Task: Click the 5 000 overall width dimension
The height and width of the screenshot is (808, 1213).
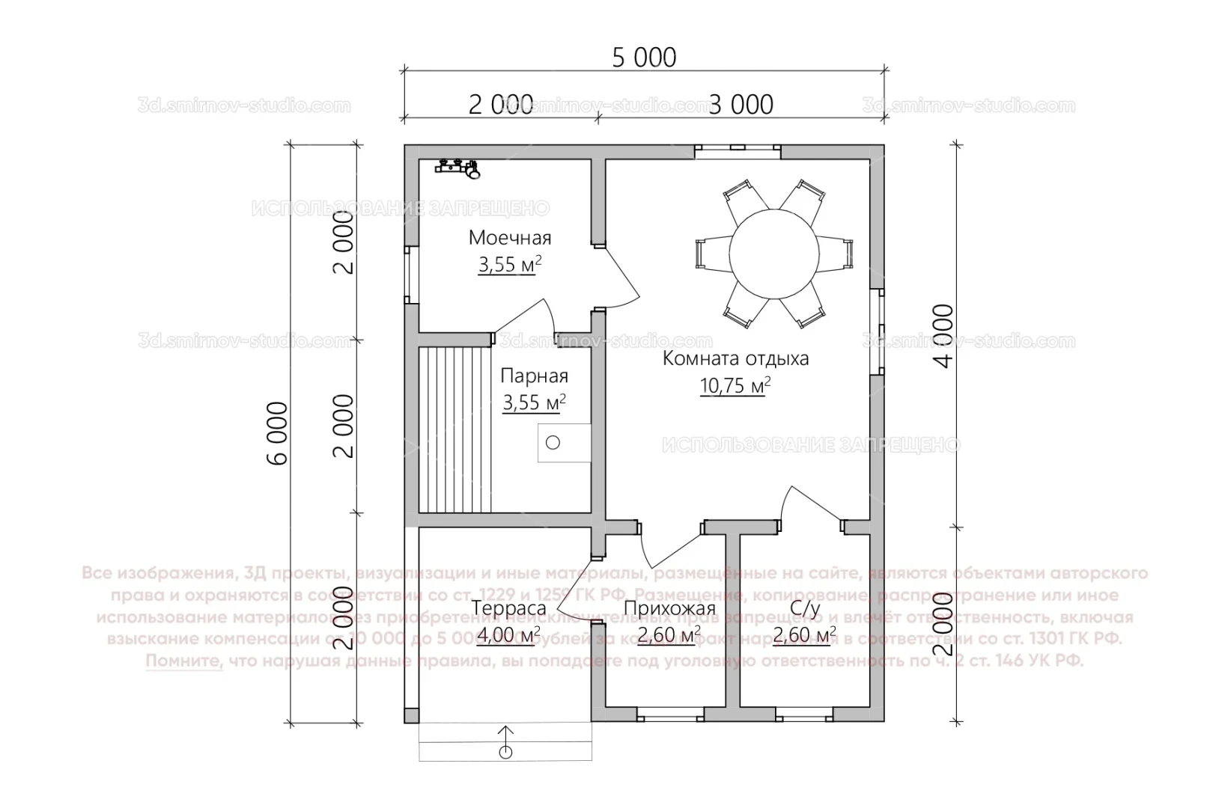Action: coord(644,58)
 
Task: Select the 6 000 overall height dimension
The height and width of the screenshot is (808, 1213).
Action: coord(277,433)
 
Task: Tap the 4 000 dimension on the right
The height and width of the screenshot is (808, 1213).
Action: coord(945,336)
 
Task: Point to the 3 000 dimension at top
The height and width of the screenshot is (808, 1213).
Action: coord(741,105)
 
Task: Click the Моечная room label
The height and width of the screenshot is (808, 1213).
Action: coord(510,238)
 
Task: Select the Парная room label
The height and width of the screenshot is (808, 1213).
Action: coord(534,376)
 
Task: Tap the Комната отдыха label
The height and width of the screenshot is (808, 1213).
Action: coord(735,358)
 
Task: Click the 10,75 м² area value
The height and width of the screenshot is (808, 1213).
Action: coord(735,386)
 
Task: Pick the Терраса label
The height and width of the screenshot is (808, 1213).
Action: coord(509,608)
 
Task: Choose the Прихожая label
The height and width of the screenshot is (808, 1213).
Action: coord(669,609)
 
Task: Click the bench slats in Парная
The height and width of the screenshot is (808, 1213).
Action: coord(448,429)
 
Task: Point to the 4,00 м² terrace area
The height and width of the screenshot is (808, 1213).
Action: coord(508,637)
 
